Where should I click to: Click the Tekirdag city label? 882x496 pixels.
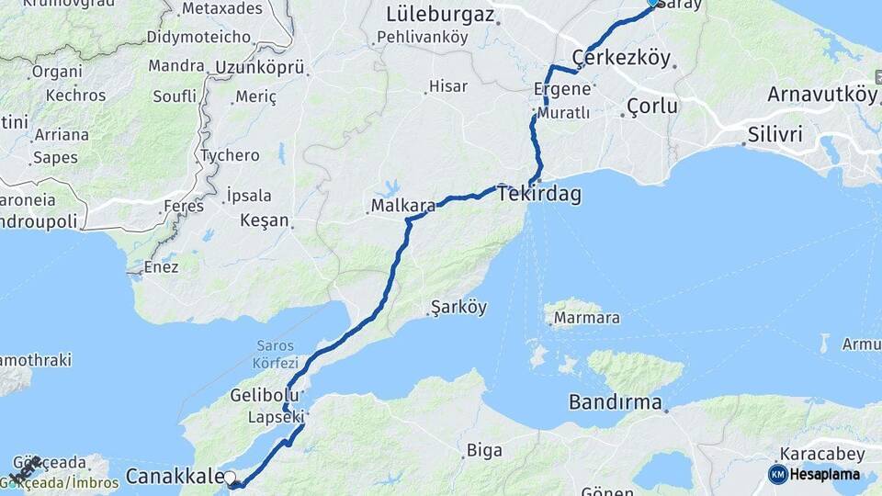(539, 195)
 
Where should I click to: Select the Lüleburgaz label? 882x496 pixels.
(440, 15)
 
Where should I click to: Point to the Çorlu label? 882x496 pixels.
(652, 107)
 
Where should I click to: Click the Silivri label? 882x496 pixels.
(775, 134)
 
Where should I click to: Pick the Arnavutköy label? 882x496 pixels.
(822, 94)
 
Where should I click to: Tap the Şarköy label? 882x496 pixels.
(459, 308)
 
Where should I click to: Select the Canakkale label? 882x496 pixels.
(175, 476)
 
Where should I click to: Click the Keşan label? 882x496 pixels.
(264, 221)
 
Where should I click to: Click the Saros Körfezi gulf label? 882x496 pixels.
(276, 354)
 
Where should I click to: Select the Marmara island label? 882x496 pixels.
(585, 319)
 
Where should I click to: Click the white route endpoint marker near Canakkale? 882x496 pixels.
(230, 478)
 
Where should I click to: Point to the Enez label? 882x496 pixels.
(160, 268)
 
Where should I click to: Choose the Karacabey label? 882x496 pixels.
(820, 454)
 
